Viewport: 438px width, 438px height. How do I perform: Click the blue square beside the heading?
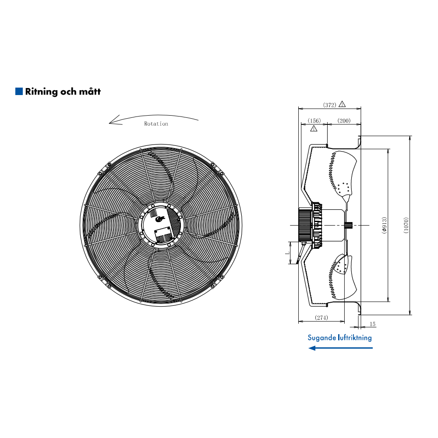pos(19,91)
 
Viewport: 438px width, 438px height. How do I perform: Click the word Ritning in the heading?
pos(41,92)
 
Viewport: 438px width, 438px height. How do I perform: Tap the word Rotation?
pos(156,124)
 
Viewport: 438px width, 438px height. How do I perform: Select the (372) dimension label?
pos(330,105)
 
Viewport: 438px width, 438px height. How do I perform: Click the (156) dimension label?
pos(314,121)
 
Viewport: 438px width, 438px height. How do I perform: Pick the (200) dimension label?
pos(344,121)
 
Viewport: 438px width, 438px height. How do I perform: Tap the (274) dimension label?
pos(321,318)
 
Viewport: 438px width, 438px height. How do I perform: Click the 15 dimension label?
pos(373,324)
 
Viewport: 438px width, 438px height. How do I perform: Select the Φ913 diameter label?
pos(385,225)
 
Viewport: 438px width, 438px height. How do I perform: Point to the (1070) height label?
pos(406,226)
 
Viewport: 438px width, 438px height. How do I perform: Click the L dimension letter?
pos(287,253)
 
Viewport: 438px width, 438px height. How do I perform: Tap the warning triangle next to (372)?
pos(342,104)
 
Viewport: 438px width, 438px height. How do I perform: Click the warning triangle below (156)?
pos(314,128)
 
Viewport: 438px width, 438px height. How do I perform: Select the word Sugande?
pos(322,338)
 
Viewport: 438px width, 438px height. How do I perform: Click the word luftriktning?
pos(355,337)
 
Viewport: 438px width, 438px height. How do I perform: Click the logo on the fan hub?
pos(160,219)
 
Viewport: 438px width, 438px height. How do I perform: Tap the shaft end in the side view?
pos(349,225)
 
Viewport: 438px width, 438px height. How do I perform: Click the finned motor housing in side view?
pos(305,225)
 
